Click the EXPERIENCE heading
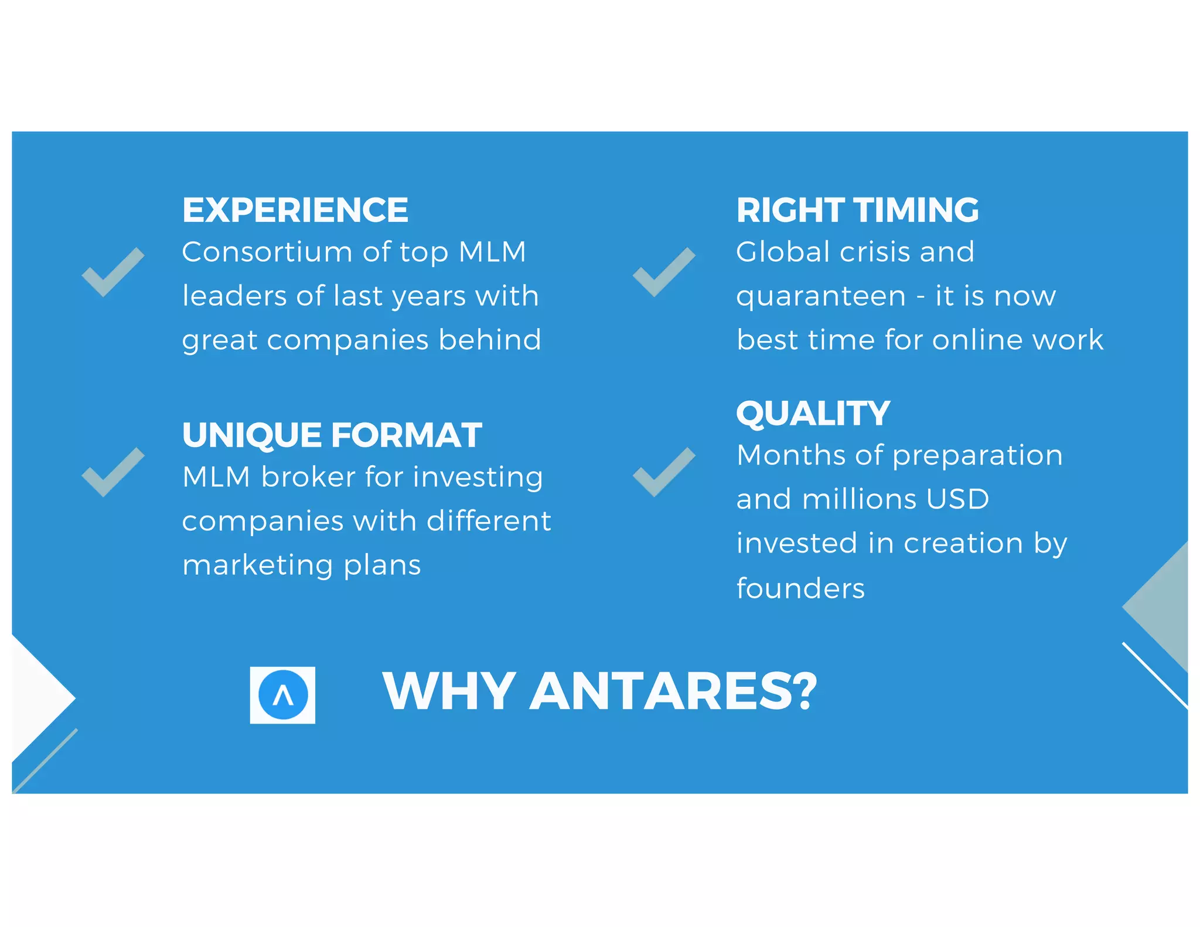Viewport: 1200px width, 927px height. pos(295,210)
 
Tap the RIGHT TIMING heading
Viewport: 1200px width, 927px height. pos(857,210)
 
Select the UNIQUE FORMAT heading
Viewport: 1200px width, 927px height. pos(332,435)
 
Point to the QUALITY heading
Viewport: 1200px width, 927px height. pos(813,413)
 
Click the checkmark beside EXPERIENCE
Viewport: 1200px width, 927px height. pos(112,272)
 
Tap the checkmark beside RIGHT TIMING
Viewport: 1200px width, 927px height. pos(664,272)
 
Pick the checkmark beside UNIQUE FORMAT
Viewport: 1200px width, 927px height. pos(112,472)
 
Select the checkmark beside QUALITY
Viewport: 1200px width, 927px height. pos(664,472)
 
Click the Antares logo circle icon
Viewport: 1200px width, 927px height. pos(283,695)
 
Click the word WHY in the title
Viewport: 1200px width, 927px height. pos(449,691)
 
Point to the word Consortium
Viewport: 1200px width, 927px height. pos(267,252)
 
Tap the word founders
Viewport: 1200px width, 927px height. pos(800,588)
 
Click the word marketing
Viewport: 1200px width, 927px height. pos(258,566)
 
